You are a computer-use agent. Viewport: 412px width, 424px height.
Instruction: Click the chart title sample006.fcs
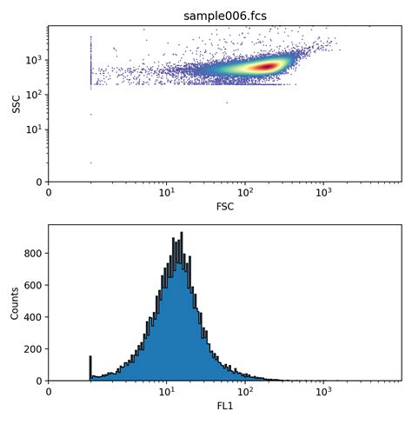click(225, 16)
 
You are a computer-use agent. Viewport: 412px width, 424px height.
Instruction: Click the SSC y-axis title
click(16, 103)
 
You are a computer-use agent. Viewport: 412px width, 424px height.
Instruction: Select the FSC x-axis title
click(225, 207)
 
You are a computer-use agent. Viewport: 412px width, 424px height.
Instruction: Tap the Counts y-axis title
click(16, 302)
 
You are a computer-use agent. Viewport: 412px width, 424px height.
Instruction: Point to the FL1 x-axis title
click(225, 407)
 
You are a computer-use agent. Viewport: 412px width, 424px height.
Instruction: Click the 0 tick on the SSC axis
click(38, 182)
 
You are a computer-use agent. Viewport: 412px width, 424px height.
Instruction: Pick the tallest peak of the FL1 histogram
click(181, 235)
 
